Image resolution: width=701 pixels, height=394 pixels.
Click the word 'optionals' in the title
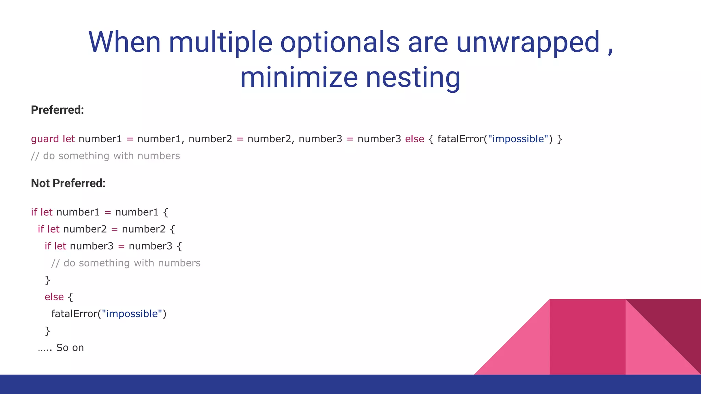pos(340,42)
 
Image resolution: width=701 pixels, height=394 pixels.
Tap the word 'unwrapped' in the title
pos(528,42)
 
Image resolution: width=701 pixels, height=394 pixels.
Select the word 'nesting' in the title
pos(413,77)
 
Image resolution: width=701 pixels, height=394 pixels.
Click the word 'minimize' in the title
pos(299,77)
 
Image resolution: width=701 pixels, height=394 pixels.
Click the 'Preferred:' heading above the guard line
pos(57,110)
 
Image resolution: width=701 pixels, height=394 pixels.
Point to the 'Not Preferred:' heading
pos(68,183)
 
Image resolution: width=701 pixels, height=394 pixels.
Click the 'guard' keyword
pos(45,139)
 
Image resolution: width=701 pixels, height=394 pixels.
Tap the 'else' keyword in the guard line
pos(415,139)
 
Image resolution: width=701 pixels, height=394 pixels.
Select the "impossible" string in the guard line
pos(518,139)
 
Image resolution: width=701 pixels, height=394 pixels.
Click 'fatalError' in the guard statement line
pos(460,139)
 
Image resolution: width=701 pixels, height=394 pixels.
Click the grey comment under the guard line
pos(105,156)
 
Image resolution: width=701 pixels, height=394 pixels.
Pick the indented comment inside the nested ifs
pos(126,263)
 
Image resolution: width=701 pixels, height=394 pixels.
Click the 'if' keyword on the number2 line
pos(41,229)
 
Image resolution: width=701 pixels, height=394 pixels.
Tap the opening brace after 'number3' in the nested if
pos(179,246)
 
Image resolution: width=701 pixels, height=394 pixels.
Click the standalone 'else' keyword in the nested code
pos(54,297)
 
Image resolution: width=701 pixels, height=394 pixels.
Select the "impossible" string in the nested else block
pos(132,314)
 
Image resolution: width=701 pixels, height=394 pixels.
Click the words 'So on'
pos(70,348)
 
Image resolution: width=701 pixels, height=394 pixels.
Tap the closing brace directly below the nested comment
pos(48,280)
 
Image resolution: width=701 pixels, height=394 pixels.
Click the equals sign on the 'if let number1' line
pos(107,212)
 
